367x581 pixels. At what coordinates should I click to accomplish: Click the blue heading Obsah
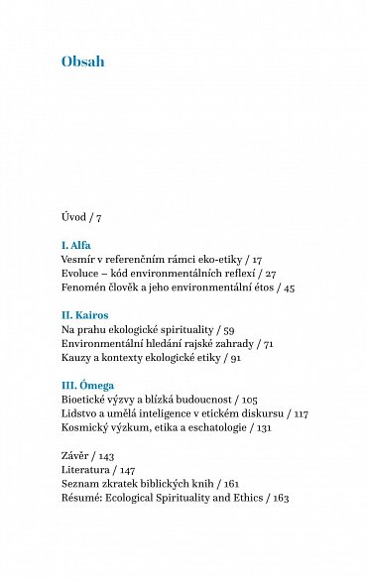point(83,62)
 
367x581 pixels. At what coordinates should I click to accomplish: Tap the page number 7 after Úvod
point(98,215)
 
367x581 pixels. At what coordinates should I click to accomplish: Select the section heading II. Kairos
point(86,314)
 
